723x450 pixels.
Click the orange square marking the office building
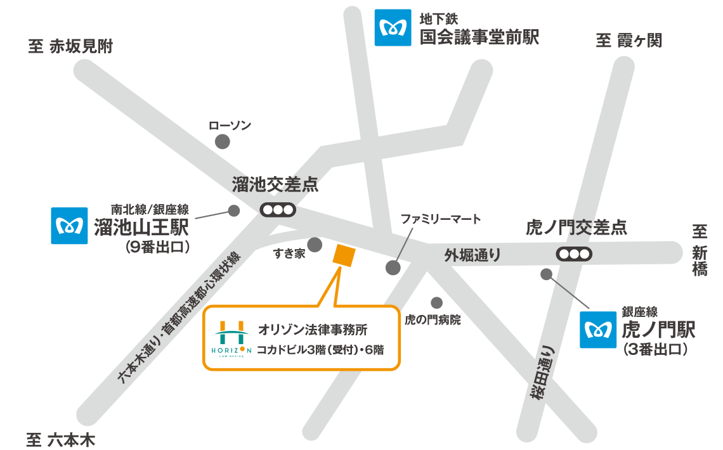click(344, 255)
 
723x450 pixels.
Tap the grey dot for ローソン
click(223, 142)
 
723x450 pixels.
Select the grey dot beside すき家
click(315, 245)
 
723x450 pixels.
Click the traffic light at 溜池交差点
click(278, 209)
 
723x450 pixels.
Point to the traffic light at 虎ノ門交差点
click(574, 254)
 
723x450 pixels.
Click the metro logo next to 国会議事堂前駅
click(393, 27)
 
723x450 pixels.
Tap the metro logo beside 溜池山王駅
click(70, 225)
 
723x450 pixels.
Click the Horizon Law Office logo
click(230, 338)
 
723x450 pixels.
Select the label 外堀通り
click(472, 255)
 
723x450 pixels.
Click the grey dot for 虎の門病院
click(436, 303)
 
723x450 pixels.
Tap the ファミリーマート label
click(441, 219)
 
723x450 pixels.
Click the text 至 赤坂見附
click(70, 46)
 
